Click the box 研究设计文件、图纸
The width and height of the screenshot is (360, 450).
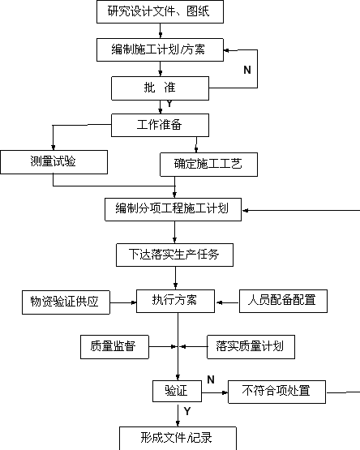[160, 12]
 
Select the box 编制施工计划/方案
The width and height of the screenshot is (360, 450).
[160, 49]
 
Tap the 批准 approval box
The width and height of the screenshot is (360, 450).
[161, 88]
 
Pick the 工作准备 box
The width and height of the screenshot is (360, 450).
[161, 125]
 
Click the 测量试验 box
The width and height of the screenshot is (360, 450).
[54, 162]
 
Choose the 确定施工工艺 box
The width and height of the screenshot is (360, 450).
[208, 165]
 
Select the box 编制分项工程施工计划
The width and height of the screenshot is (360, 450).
[174, 209]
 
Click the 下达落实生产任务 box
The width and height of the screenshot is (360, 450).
[174, 255]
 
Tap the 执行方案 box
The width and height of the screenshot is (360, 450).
[175, 301]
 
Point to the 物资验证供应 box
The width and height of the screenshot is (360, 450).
[66, 302]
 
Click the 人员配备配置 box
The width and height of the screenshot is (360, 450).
[283, 301]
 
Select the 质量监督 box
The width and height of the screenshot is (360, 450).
[114, 347]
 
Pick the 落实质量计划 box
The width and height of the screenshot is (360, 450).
[251, 347]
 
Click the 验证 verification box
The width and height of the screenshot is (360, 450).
[177, 391]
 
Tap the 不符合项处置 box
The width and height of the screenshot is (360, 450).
[276, 392]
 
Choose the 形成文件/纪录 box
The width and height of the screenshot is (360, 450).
[178, 438]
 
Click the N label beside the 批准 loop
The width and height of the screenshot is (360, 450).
[247, 70]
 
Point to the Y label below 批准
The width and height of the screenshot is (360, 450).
[169, 104]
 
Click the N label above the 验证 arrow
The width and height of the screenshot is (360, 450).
[211, 379]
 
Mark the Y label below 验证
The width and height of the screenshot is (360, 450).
[187, 411]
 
